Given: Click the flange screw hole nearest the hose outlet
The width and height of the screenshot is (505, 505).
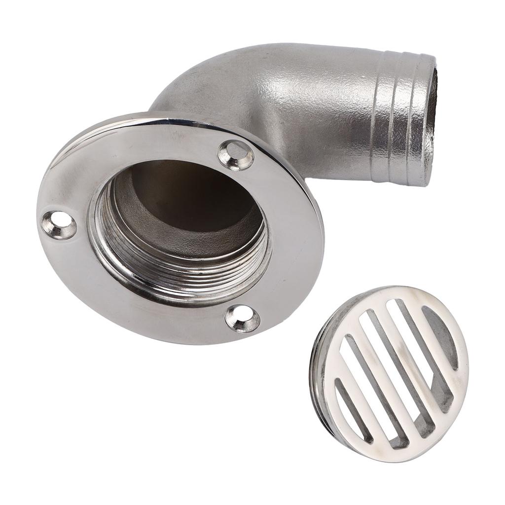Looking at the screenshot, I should pos(236,155).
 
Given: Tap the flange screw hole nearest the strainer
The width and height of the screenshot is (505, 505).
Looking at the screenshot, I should pos(242,318).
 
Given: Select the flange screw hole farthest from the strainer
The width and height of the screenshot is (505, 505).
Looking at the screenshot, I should pos(59,225).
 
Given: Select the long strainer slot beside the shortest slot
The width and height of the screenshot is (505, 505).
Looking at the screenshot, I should pos(367,390).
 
